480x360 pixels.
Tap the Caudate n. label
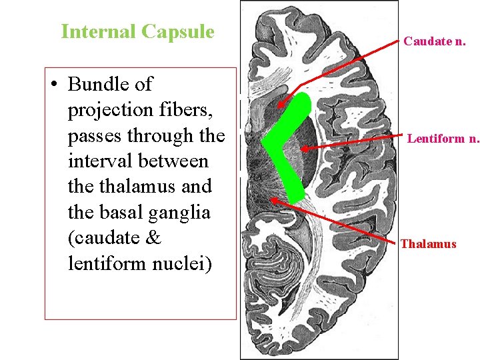(x=434, y=41)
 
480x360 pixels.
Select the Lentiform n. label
(x=443, y=139)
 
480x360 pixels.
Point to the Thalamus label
(x=428, y=244)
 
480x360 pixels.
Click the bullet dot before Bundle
(x=54, y=85)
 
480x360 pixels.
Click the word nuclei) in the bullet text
(x=181, y=264)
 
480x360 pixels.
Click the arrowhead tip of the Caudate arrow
(x=280, y=105)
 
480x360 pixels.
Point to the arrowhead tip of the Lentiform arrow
(x=300, y=149)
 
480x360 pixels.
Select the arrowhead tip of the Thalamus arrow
(x=272, y=199)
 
